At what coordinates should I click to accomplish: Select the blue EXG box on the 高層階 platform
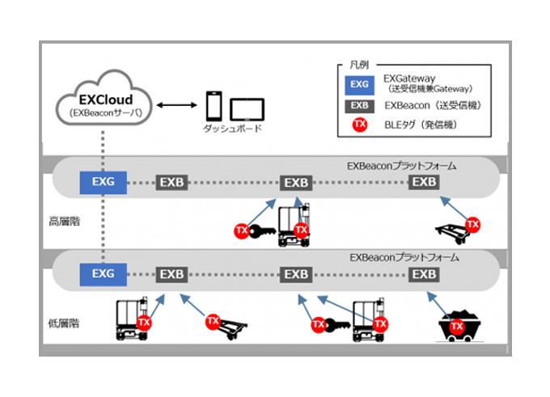coord(103,181)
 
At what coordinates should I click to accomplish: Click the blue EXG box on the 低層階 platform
coord(103,273)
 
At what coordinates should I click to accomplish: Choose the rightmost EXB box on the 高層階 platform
coord(425,181)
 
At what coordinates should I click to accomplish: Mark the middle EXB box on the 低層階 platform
coord(296,273)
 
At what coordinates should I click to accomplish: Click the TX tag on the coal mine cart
coord(457,326)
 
